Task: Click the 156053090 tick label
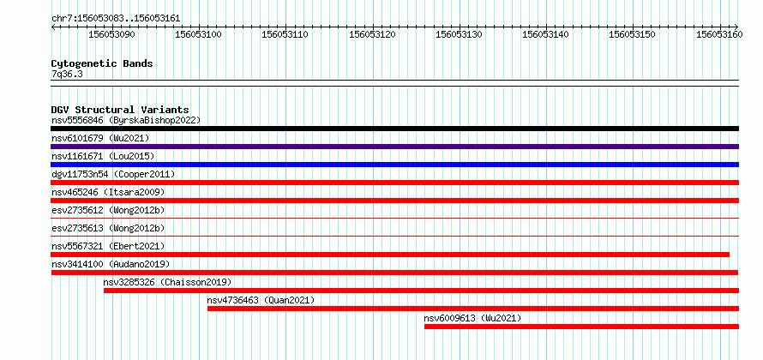pos(112,34)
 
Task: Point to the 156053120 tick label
pos(373,34)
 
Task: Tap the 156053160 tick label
pos(719,34)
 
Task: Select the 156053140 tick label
pos(546,34)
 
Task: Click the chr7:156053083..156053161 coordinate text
pos(116,19)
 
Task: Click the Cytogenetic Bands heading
pos(102,63)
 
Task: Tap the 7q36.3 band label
pos(67,74)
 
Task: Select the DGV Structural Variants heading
pos(120,110)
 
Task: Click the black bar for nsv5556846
pos(394,129)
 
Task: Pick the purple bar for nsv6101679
pos(394,147)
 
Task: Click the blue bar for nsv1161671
pos(394,165)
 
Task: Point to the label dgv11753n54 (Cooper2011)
pos(113,174)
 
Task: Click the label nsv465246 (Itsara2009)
pos(108,192)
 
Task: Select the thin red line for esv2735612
pos(394,219)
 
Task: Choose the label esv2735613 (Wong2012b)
pos(108,228)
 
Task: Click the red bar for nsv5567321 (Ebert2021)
pos(390,255)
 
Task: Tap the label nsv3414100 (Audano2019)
pos(111,264)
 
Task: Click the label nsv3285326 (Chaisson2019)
pos(167,282)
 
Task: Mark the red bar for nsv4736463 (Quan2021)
pos(473,309)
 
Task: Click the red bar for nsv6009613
pos(581,327)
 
